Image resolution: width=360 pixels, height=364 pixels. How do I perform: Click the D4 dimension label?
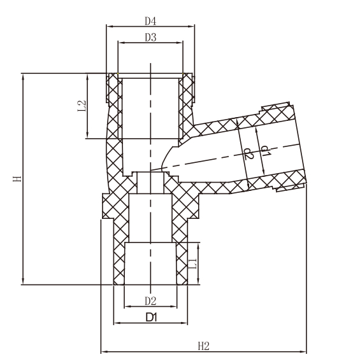click(x=150, y=21)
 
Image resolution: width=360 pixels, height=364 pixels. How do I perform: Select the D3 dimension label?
click(x=150, y=38)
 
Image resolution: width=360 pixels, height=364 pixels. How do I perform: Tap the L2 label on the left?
click(x=82, y=106)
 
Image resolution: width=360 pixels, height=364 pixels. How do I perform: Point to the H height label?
click(x=18, y=179)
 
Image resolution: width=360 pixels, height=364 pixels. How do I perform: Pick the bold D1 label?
click(x=151, y=316)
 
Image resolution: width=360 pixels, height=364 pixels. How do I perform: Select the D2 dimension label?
click(x=150, y=300)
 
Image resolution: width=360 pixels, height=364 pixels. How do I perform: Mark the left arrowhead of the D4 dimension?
click(x=108, y=27)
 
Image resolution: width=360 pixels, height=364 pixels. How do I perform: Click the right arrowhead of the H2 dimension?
click(x=305, y=351)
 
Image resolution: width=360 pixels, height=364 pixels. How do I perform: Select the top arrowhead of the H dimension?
click(x=24, y=76)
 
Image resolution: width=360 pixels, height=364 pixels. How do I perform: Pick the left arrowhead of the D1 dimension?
click(x=116, y=322)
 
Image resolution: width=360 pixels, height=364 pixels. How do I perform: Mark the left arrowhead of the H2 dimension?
click(x=103, y=351)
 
